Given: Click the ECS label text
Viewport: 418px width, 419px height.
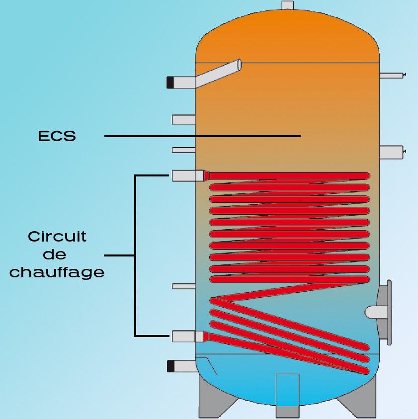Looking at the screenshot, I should (57, 136).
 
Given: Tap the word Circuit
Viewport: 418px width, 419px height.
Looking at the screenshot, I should (57, 236).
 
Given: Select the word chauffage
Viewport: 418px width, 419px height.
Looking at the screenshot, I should (57, 272).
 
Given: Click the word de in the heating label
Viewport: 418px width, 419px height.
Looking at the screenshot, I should (55, 254).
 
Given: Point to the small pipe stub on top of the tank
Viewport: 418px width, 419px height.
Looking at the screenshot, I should (287, 5).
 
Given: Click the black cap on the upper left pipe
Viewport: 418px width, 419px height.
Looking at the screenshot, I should (170, 82).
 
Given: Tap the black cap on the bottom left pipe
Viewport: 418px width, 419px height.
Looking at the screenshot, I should (170, 366).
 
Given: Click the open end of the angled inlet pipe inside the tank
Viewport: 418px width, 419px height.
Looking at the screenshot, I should (240, 64).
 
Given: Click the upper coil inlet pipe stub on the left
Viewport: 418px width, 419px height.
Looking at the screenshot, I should (188, 175).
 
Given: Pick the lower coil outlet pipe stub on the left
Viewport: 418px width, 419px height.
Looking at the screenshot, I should (187, 336).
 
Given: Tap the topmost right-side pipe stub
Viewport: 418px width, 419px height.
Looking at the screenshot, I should (392, 76).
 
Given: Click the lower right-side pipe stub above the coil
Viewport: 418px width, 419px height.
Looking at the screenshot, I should (391, 152).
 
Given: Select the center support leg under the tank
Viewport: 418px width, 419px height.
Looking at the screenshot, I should (287, 395).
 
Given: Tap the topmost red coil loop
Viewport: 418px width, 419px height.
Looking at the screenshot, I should (288, 175).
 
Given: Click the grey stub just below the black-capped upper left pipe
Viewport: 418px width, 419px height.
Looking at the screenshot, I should (183, 119).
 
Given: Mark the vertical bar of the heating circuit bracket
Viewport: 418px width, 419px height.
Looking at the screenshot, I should (135, 255).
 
